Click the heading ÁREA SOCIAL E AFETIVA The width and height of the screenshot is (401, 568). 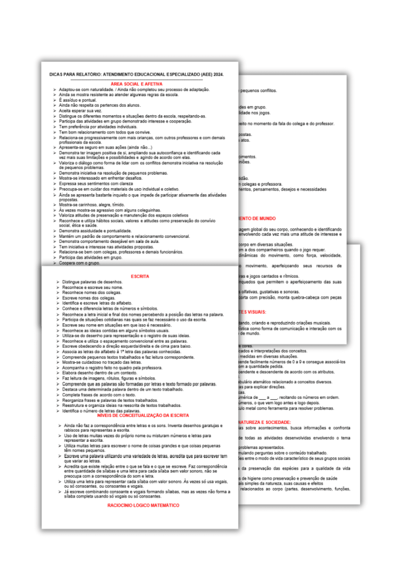coord(136,84)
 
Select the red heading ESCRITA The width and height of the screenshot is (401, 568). coord(140,276)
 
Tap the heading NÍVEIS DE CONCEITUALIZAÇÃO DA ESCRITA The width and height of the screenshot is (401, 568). coord(143,415)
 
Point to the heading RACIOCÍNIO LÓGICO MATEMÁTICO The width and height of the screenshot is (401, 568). coord(143,505)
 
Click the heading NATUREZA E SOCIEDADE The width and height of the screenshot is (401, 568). coord(265,422)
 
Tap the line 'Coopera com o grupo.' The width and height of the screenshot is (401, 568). coord(79,263)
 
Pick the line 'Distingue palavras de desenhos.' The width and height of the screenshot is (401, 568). coord(92,282)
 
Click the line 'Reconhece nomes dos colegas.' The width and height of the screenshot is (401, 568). coord(92,293)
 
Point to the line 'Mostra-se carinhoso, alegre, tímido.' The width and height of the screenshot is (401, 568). coord(92,205)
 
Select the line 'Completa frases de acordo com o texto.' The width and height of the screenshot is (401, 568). coord(99,395)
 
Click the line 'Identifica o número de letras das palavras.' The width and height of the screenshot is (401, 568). coord(101,411)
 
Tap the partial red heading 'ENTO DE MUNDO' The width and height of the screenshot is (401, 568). coord(257,218)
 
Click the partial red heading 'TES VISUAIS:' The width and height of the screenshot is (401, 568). coord(253,312)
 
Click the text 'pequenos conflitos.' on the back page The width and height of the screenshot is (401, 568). coord(258,91)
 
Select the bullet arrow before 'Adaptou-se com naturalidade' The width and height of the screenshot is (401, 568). coord(54,90)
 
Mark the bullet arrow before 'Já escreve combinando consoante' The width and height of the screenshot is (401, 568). coord(60,492)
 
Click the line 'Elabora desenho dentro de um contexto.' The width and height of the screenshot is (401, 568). coord(100,373)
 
